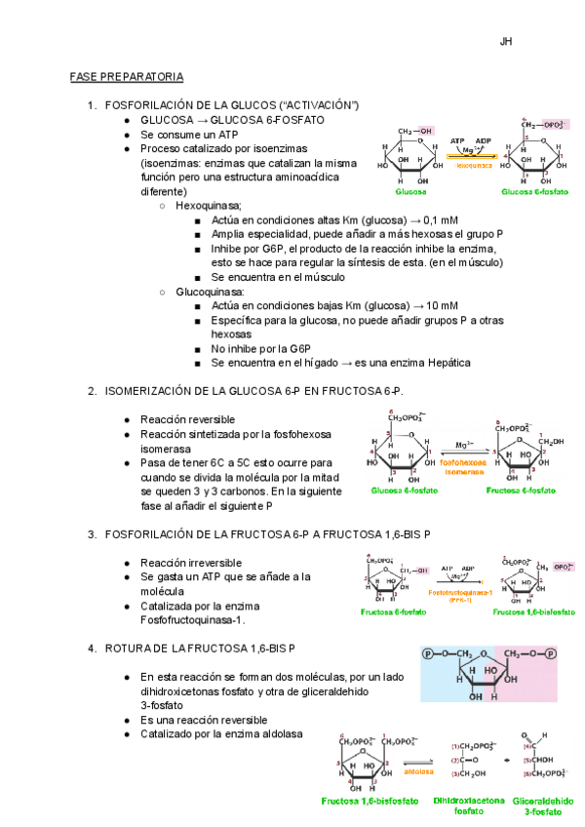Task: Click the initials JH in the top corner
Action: tap(506, 42)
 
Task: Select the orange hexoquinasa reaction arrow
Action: tap(471, 155)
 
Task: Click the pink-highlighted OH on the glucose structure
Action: tap(425, 130)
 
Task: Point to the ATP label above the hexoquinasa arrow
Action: tap(457, 140)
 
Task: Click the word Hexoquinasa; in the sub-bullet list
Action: tap(209, 207)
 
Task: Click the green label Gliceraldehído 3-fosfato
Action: tap(541, 805)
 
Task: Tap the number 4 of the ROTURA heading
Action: tap(91, 648)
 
